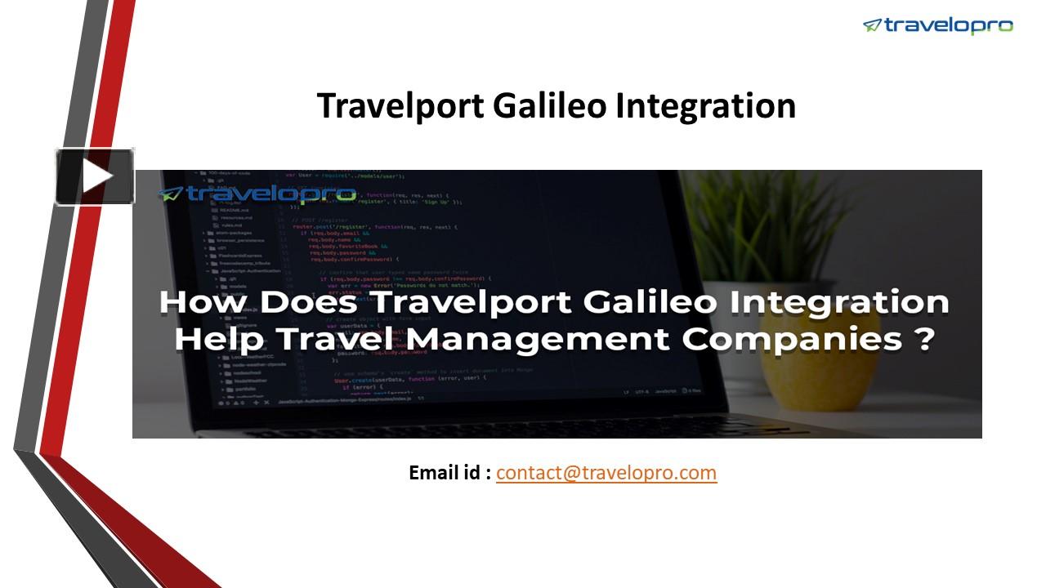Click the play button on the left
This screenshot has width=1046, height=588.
[95, 176]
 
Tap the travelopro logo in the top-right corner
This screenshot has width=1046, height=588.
[937, 25]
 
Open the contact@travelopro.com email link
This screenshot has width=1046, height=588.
[606, 472]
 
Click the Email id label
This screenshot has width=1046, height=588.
[449, 472]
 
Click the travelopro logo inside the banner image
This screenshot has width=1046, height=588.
[257, 194]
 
